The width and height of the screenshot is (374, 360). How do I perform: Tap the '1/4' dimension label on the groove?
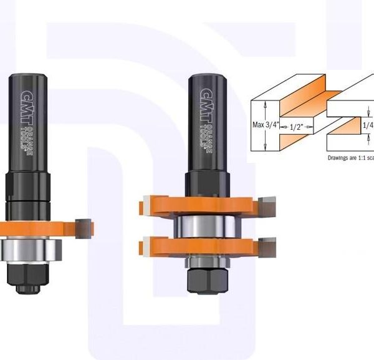click(368, 125)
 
